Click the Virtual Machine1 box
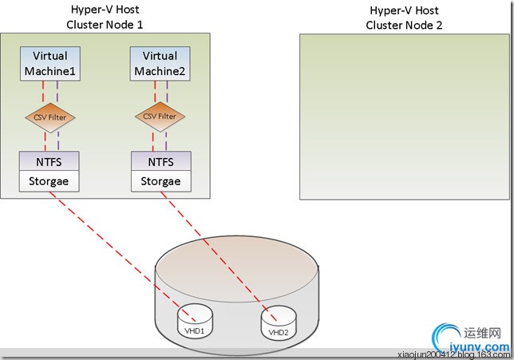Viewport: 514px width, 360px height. coord(49,64)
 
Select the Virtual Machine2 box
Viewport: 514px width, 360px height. coord(160,64)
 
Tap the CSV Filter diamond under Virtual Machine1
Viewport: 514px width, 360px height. coord(50,117)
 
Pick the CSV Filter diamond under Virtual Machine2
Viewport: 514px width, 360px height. coord(160,117)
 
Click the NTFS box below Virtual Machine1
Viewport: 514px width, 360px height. coord(49,161)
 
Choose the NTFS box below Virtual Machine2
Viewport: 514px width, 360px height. coord(160,161)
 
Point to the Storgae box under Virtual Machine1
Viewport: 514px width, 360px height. coord(49,181)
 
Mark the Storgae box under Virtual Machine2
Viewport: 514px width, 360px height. coord(160,181)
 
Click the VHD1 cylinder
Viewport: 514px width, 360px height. coord(192,319)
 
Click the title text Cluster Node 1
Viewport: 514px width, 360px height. coord(106,24)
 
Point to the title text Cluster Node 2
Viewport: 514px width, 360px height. coord(404,25)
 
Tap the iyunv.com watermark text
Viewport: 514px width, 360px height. coord(479,347)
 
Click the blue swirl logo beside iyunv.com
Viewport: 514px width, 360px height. coord(441,335)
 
